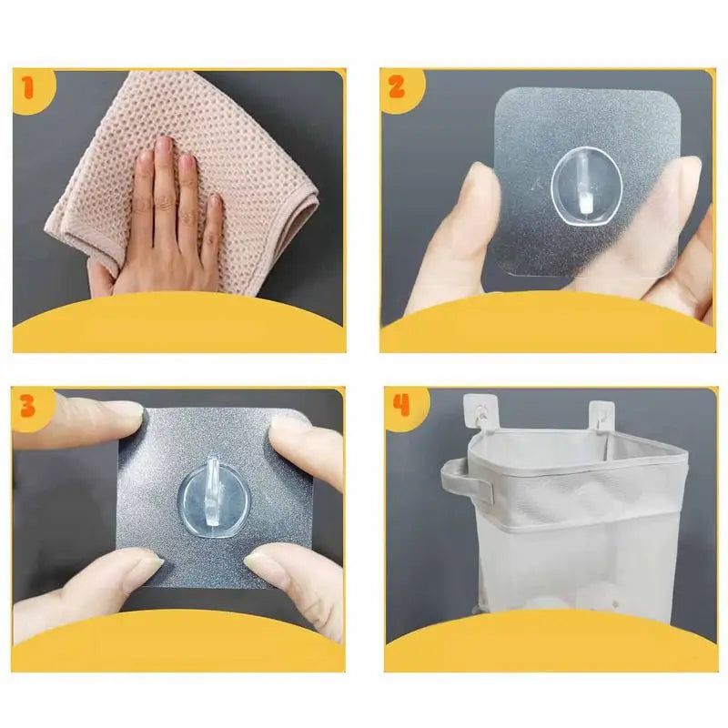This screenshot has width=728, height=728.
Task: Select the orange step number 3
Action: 28,406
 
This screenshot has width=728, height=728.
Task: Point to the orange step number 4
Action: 399,406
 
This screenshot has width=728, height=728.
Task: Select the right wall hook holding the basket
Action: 601,414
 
